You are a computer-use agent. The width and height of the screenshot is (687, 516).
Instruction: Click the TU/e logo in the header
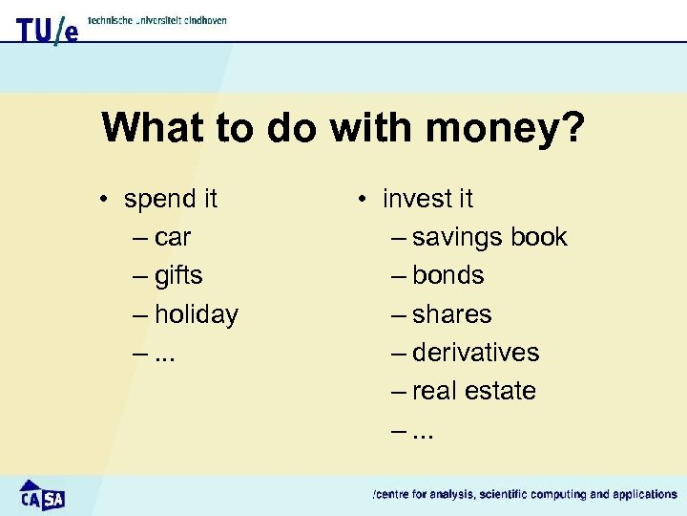46,29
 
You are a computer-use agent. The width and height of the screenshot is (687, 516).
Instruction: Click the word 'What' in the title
151,127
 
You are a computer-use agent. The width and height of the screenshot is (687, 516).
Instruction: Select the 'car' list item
173,237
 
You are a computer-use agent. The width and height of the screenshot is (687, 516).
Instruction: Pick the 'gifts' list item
178,276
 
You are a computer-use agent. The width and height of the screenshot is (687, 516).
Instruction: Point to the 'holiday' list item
196,314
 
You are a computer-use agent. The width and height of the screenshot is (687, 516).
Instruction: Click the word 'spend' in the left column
157,200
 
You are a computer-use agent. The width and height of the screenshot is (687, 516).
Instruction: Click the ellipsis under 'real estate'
424,434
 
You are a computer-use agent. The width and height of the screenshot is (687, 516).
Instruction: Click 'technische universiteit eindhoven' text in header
157,20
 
